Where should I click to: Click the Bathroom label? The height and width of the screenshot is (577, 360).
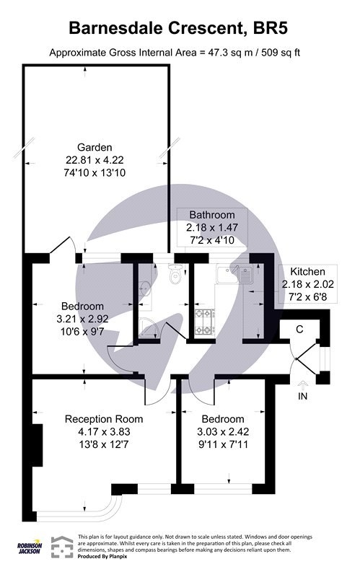[212, 215]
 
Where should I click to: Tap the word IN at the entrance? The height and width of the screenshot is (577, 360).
[302, 396]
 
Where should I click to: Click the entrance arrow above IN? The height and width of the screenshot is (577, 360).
[302, 383]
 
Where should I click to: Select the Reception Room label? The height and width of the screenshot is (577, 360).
[104, 419]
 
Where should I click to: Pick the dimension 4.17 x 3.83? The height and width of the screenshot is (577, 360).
[104, 432]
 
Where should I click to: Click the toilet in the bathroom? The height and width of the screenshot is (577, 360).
[173, 275]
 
